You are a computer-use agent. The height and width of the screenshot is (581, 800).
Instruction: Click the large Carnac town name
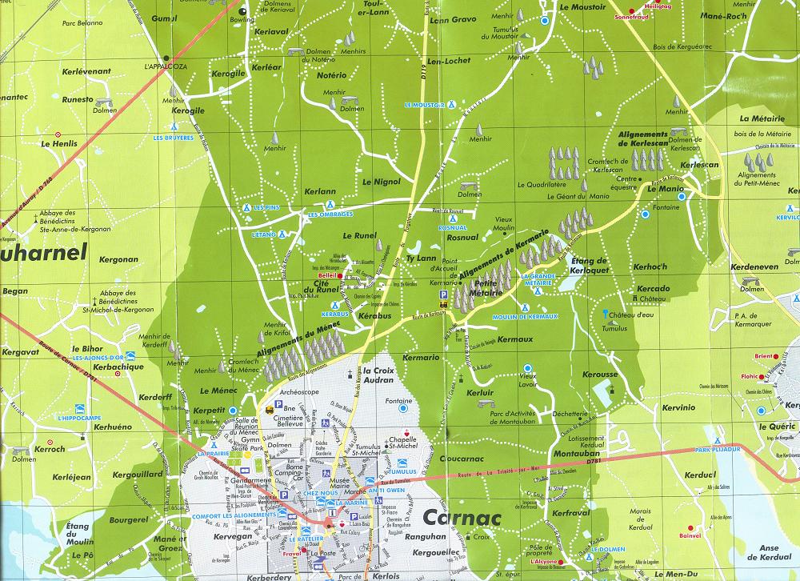[x=462, y=518]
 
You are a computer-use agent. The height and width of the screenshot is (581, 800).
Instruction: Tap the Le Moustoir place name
[x=583, y=6]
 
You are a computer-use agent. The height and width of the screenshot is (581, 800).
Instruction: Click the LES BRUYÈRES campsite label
[x=174, y=138]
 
